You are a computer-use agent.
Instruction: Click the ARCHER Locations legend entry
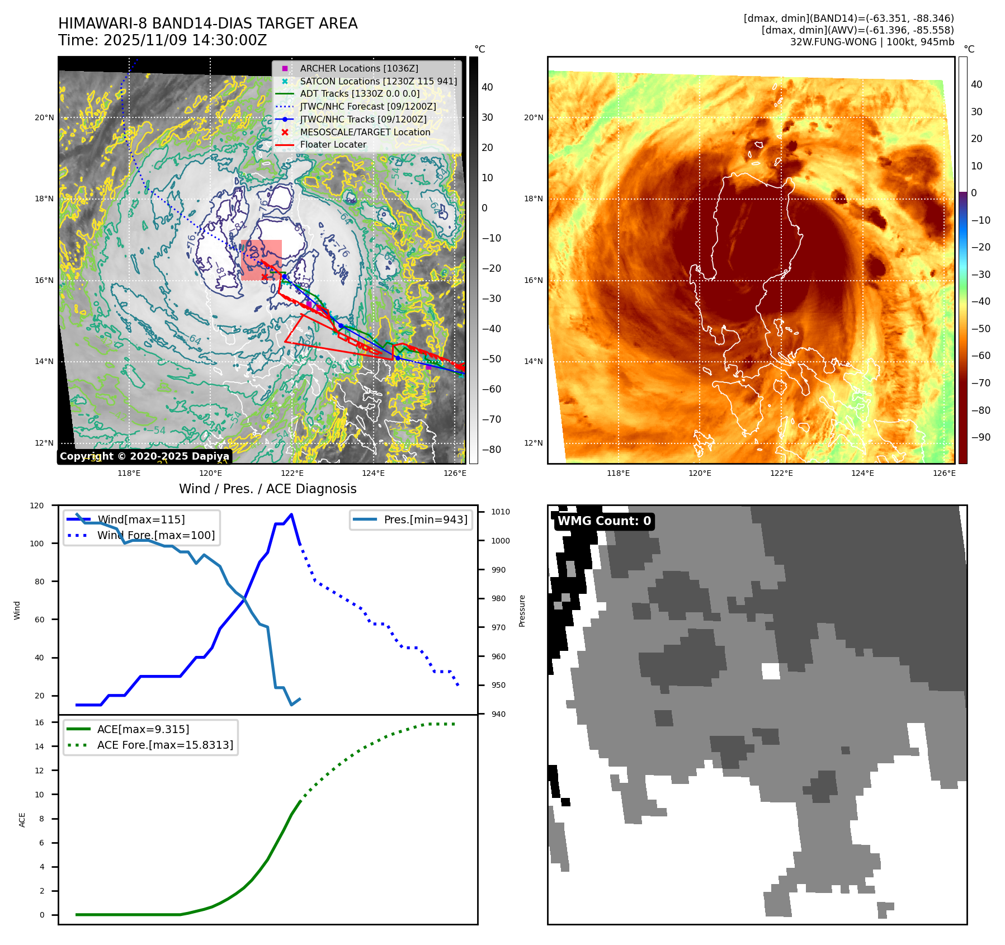point(358,68)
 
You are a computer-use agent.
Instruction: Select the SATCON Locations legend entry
point(378,81)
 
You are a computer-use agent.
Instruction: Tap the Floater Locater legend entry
point(333,144)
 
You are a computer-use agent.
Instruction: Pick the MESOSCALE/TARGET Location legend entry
point(365,132)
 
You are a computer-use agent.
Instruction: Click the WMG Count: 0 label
point(604,521)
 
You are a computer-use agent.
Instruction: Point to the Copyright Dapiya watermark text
point(144,456)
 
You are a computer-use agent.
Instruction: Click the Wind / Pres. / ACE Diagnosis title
point(267,489)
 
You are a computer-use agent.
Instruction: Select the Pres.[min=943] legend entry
point(425,519)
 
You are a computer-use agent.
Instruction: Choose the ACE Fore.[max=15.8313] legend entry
point(165,745)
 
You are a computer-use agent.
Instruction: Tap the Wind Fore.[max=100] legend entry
point(155,535)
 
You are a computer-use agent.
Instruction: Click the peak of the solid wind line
point(291,514)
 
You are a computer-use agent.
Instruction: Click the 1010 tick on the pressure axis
point(500,512)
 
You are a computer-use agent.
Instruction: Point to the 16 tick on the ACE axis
point(40,722)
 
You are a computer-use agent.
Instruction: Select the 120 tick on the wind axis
point(37,505)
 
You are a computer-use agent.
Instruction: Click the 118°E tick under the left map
point(129,473)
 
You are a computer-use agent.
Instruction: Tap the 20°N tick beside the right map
point(533,117)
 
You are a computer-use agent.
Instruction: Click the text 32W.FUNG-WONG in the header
point(833,42)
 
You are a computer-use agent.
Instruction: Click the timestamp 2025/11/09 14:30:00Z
point(185,40)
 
